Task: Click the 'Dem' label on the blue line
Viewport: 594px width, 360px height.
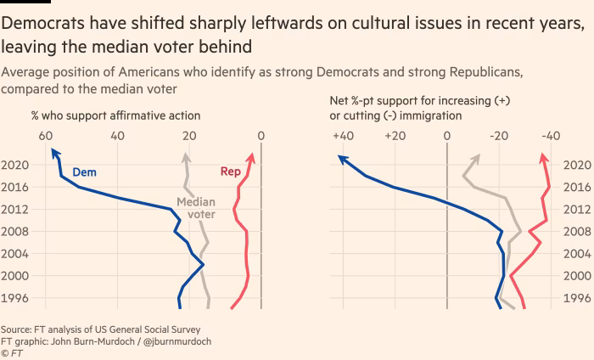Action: [84, 172]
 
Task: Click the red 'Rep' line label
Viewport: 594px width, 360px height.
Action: [230, 172]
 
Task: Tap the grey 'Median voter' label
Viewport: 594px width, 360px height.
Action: [196, 208]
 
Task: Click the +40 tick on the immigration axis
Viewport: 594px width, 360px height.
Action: [343, 136]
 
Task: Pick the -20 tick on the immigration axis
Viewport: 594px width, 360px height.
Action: [499, 136]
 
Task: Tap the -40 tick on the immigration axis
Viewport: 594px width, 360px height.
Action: [551, 136]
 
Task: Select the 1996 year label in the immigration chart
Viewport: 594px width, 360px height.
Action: [578, 298]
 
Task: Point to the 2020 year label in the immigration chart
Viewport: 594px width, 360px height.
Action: [578, 165]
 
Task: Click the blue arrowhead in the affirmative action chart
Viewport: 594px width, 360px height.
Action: [55, 153]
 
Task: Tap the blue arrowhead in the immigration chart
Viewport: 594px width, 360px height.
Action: [340, 158]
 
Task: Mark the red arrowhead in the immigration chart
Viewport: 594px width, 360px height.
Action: [544, 156]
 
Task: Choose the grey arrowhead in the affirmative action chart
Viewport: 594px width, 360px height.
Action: [187, 156]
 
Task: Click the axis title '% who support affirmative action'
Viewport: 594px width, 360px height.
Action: [115, 115]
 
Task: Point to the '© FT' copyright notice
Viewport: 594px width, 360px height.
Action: [11, 352]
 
